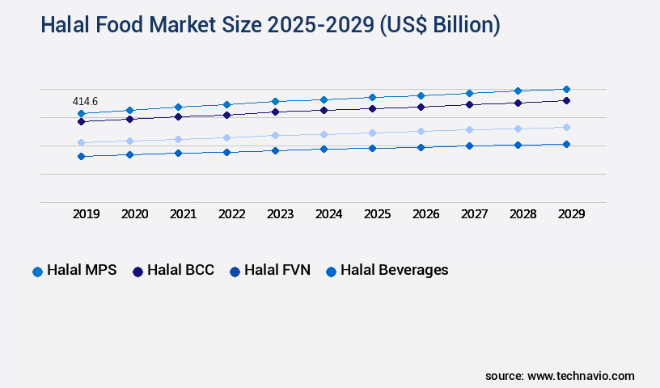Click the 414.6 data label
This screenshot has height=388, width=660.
(x=85, y=101)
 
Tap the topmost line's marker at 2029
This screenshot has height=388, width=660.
(x=566, y=89)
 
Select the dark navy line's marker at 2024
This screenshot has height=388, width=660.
(x=324, y=110)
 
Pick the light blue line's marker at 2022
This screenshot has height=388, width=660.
(x=226, y=137)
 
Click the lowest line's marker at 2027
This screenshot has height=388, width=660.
(x=469, y=145)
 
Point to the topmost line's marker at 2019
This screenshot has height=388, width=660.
(x=81, y=113)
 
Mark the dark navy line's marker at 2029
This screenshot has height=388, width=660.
(x=566, y=100)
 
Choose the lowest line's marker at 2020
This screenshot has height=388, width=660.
(x=129, y=154)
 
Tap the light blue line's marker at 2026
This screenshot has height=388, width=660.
(x=421, y=131)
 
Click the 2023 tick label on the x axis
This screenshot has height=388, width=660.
(x=280, y=214)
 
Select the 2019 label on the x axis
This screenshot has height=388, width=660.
(x=86, y=214)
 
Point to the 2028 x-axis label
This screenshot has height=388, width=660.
(x=522, y=214)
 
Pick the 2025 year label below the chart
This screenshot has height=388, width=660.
(x=377, y=214)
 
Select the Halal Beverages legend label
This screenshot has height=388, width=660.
(x=394, y=270)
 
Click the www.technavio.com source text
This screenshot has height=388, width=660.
(x=581, y=376)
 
